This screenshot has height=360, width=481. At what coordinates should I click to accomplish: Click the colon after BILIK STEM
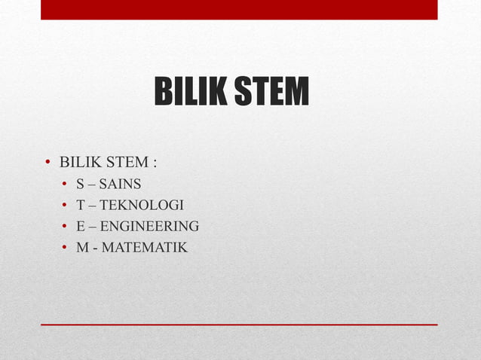click(x=155, y=163)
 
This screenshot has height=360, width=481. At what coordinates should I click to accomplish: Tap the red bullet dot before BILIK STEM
click(x=47, y=163)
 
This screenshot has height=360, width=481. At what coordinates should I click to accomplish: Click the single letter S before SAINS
click(x=80, y=184)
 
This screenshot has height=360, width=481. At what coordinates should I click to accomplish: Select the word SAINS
click(x=120, y=184)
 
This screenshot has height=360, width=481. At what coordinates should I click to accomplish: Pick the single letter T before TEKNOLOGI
click(x=80, y=205)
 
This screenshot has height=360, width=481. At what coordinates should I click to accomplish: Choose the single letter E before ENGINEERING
click(x=80, y=226)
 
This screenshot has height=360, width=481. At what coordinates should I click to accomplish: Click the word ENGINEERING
click(x=149, y=226)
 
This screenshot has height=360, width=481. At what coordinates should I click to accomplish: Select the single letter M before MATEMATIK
click(x=81, y=247)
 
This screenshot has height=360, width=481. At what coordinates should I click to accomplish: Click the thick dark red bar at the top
click(x=239, y=9)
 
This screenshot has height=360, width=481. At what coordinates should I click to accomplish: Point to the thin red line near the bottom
click(x=239, y=325)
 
